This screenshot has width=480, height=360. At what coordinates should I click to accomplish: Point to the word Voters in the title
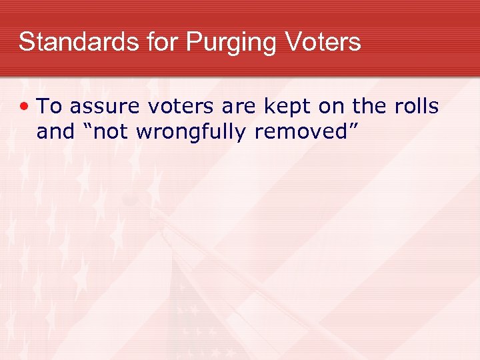[x=323, y=42]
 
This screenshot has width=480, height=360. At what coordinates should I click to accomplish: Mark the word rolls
[x=417, y=106]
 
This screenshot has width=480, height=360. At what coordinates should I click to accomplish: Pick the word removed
[x=303, y=132]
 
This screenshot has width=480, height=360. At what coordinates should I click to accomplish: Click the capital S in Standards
[x=26, y=42]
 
